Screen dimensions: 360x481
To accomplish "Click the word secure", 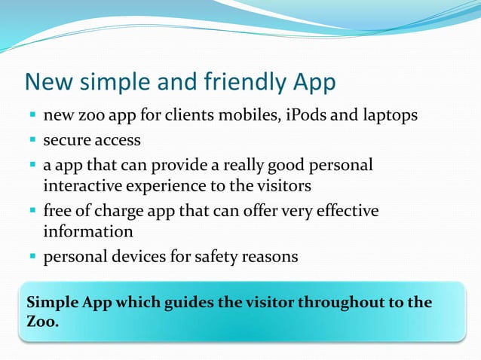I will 67,140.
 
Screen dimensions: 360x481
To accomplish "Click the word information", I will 88,231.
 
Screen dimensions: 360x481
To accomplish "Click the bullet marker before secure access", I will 33,141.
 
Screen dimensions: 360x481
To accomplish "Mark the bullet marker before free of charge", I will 33,211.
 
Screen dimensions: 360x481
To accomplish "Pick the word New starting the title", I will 51,82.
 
